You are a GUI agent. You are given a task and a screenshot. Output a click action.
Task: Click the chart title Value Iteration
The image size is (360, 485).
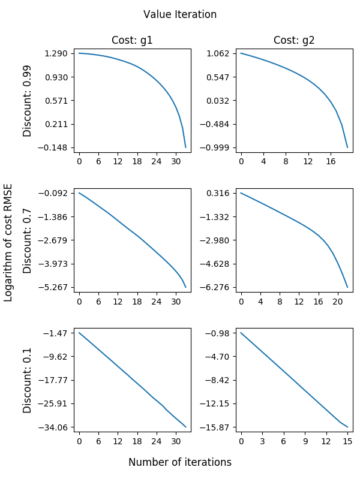tap(180, 14)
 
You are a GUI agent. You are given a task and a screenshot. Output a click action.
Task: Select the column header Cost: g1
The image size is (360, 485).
tap(132, 41)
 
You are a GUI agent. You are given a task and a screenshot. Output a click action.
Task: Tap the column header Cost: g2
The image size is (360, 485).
tap(294, 41)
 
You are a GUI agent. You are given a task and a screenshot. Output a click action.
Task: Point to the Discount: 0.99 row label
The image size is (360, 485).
tap(28, 101)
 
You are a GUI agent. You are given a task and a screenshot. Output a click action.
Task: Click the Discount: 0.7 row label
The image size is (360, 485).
tap(28, 240)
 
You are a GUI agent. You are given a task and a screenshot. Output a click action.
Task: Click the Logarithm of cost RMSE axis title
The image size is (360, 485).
tap(8, 242)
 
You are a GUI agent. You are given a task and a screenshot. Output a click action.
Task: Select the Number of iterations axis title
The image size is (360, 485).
tap(180, 462)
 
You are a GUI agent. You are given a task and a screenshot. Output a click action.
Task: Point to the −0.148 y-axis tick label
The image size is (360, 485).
tap(55, 147)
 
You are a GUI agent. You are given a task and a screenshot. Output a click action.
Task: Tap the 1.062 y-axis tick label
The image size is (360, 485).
tap(219, 54)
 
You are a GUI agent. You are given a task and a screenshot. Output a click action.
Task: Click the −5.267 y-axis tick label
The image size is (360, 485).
tap(55, 287)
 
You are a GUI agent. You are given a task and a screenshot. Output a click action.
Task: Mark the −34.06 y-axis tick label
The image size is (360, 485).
tap(55, 427)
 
